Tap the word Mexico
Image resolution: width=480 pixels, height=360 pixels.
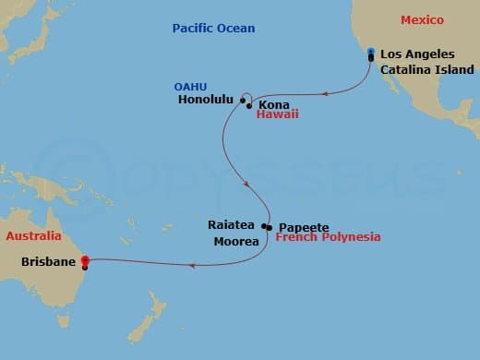422,20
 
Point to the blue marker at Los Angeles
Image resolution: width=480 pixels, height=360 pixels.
370,52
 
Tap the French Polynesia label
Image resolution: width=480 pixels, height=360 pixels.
328,238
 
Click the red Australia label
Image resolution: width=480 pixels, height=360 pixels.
33,235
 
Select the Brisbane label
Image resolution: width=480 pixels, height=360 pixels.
47,261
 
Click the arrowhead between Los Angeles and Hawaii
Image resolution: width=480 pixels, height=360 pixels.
325,93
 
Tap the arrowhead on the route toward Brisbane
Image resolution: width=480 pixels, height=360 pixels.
191,266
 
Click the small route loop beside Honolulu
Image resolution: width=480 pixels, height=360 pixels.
245,96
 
